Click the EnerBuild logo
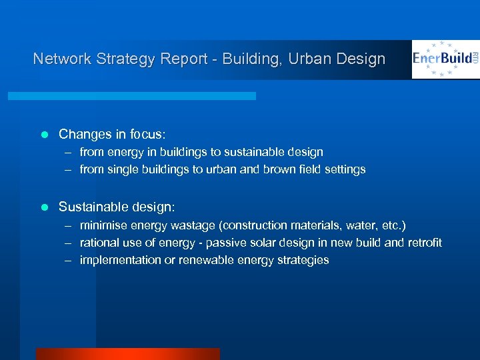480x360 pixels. point(445,59)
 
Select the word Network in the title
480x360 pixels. point(61,59)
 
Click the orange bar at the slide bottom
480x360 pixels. point(127,354)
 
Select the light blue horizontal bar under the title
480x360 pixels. point(131,96)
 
